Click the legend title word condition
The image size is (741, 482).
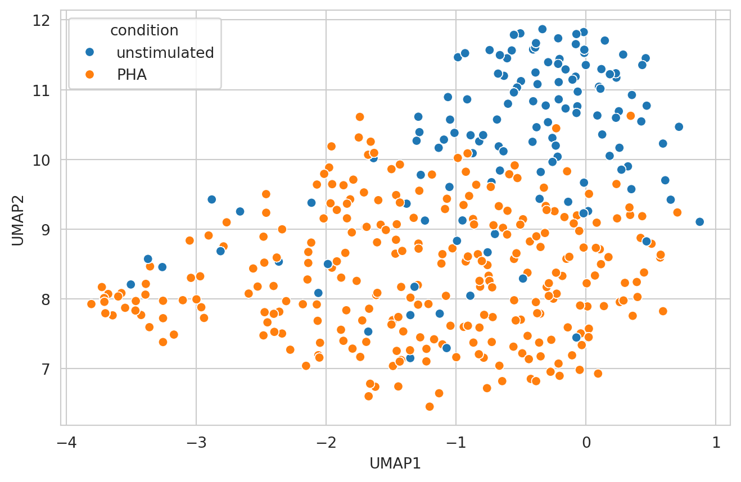pos(144,30)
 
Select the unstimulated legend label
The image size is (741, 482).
pos(165,53)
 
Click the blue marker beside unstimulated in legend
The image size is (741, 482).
pos(90,53)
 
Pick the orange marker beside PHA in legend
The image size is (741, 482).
pos(90,74)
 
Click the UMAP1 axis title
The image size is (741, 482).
pos(395,463)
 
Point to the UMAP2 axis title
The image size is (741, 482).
pos(18,223)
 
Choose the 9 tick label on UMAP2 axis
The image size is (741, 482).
pos(45,230)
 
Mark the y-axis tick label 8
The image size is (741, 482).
pos(45,299)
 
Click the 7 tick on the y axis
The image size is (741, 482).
pos(45,369)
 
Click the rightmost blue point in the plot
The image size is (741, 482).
pos(699,222)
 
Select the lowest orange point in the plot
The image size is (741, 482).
pos(430,407)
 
